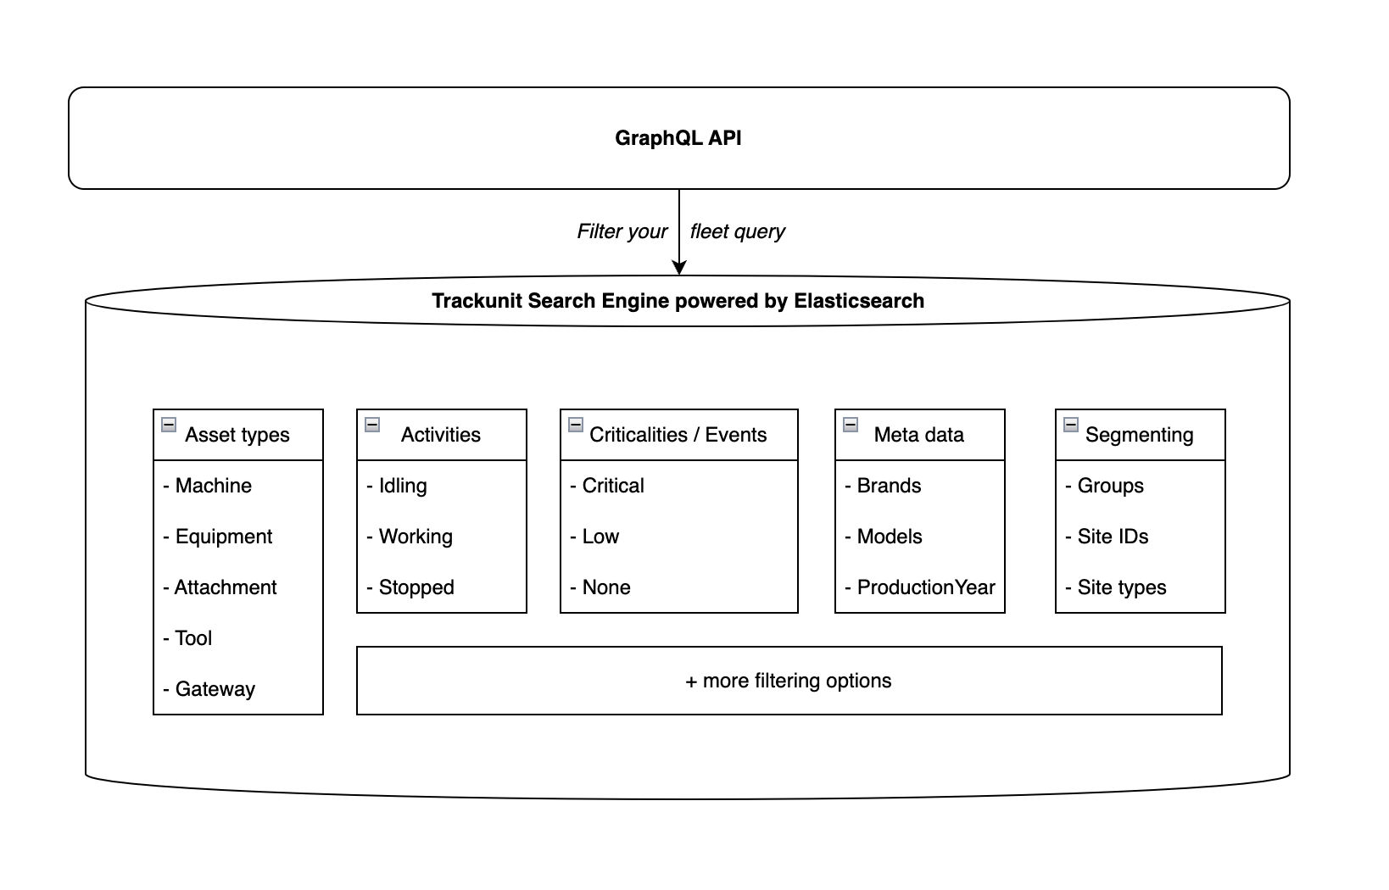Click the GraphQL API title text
pos(678,138)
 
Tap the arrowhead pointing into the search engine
pos(678,267)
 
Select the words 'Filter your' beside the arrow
pos(622,231)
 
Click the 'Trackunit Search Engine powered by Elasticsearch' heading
pos(678,301)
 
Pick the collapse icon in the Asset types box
pos(169,425)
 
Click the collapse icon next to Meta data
pos(851,425)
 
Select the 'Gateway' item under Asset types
pos(215,689)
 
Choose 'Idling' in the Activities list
pos(402,486)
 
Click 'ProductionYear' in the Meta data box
pos(925,587)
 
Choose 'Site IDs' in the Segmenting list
pos(1112,537)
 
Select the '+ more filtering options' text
pos(788,681)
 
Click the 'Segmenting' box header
pos(1139,435)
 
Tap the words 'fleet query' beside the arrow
pos(737,231)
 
